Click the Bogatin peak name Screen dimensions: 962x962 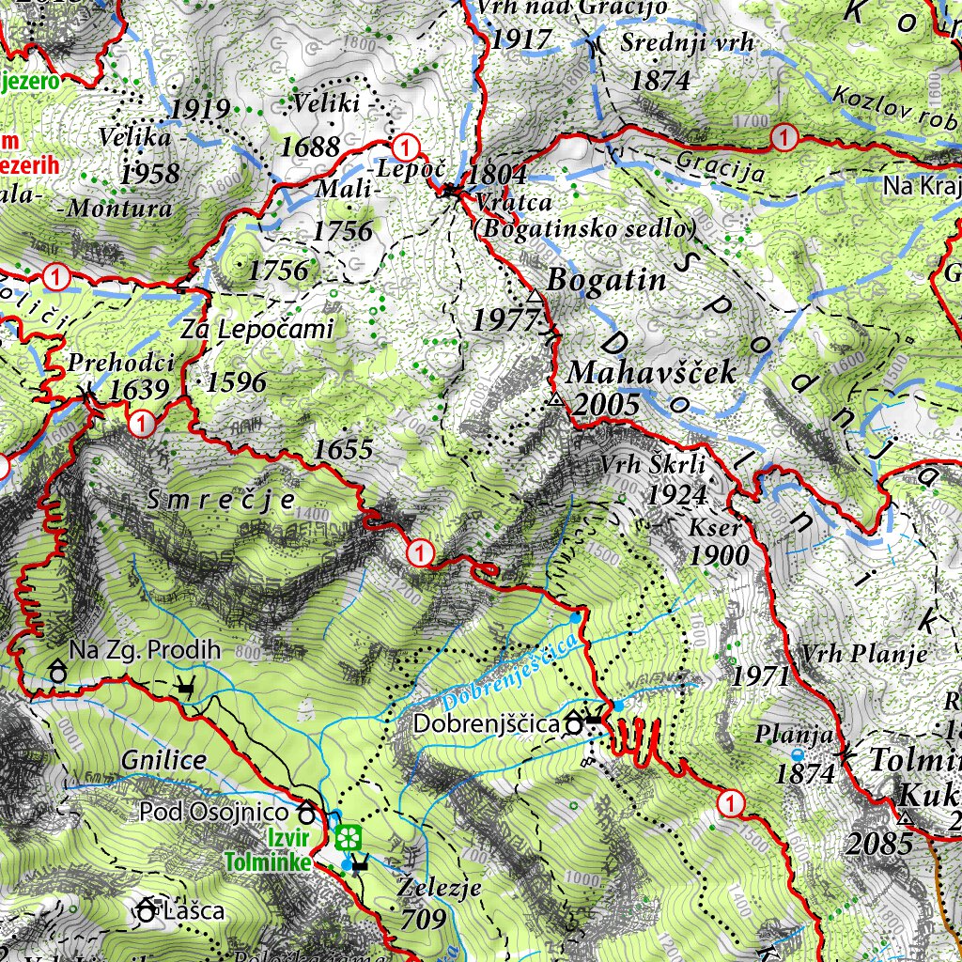pyautogui.click(x=606, y=280)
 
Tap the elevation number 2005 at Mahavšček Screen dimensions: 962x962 pyautogui.click(x=605, y=405)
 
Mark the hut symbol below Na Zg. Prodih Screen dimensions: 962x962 pyautogui.click(x=57, y=673)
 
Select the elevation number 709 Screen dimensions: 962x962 pyautogui.click(x=424, y=919)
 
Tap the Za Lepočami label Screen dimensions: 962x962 pyautogui.click(x=258, y=330)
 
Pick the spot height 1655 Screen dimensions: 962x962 pyautogui.click(x=343, y=450)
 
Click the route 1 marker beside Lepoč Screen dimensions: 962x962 pyautogui.click(x=405, y=146)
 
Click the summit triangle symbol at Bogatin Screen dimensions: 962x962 pyautogui.click(x=535, y=297)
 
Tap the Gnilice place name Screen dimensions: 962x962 pyautogui.click(x=163, y=759)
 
